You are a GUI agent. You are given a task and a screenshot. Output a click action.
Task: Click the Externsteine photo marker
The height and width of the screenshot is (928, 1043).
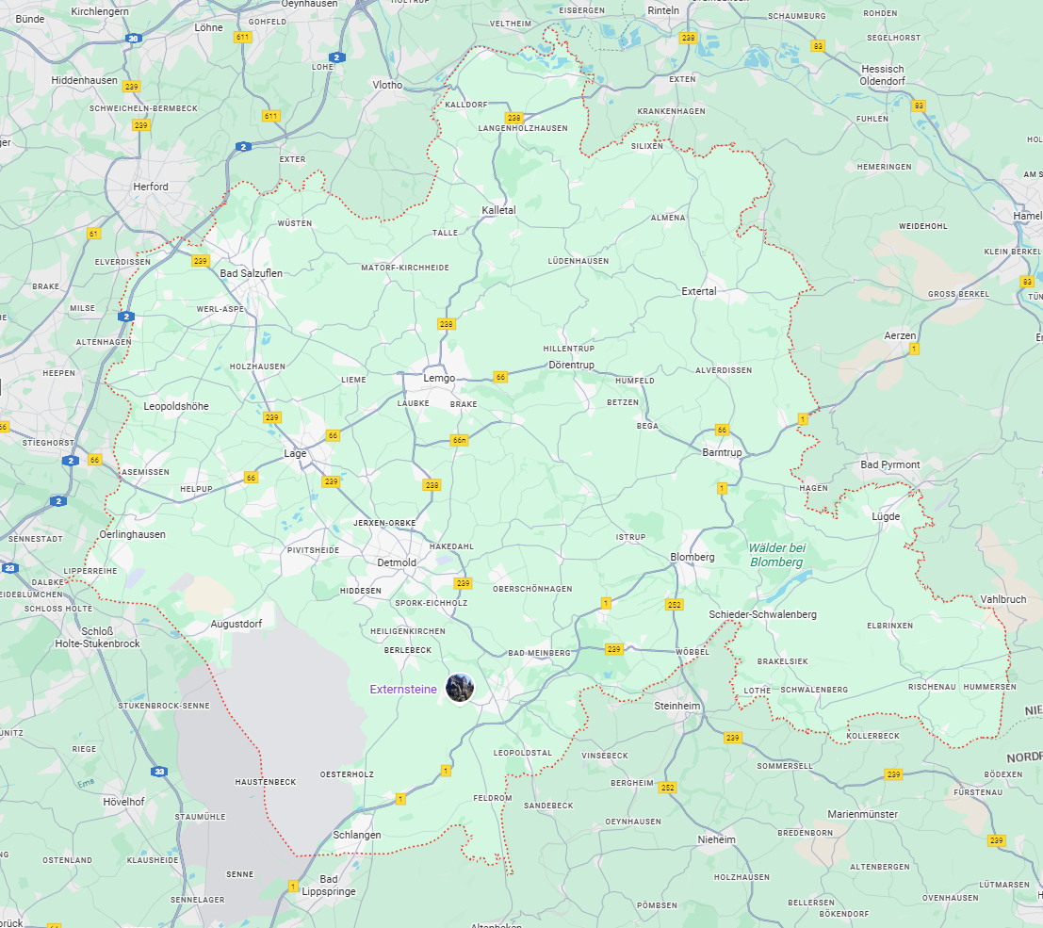point(460,688)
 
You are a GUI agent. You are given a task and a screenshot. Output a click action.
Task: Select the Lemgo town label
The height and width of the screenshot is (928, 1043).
point(439,378)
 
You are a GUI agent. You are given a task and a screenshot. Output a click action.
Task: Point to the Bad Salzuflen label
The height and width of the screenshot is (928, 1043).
point(251,273)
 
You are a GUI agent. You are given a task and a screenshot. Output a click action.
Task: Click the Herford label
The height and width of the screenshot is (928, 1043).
point(151,187)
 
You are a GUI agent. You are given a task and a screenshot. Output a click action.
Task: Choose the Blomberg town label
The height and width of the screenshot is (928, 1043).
point(693,557)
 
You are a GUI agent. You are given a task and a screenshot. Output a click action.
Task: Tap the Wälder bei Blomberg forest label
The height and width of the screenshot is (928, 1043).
point(777,555)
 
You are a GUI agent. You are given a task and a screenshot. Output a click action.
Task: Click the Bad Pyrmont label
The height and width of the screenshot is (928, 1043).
point(890,465)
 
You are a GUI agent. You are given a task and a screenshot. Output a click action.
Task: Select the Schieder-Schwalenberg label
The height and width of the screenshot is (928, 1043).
point(762,614)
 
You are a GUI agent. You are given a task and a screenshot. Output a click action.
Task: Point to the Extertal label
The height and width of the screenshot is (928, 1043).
point(699,291)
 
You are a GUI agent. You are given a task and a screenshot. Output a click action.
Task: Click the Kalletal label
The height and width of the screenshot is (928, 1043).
point(498,210)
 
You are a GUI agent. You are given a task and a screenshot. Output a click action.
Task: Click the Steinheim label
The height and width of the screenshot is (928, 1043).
point(677,705)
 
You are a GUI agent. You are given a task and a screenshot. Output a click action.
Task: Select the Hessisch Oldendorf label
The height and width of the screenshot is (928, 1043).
point(882,75)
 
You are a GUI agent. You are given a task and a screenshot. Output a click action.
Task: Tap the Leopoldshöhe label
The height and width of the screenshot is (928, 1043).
point(176,406)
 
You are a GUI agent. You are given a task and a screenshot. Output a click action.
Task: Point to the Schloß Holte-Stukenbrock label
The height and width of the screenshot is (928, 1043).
point(97,638)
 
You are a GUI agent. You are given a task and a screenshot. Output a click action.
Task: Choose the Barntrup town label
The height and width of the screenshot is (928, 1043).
point(724,453)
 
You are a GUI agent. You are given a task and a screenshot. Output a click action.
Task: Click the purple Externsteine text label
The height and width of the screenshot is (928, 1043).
point(403,690)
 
